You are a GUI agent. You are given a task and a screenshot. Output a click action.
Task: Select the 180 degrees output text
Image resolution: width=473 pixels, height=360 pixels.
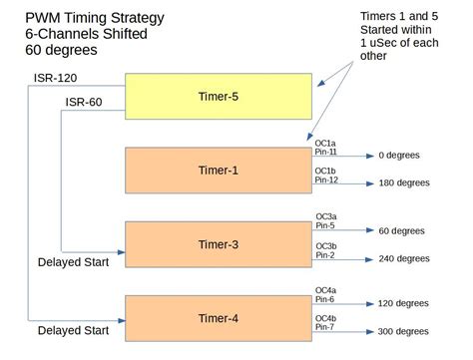[403, 183]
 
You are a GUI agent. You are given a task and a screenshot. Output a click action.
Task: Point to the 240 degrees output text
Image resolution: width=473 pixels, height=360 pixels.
[403, 258]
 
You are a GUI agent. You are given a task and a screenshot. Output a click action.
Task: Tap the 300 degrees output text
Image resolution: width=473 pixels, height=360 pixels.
[403, 332]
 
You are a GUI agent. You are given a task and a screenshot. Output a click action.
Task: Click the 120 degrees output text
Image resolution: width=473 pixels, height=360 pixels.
[403, 303]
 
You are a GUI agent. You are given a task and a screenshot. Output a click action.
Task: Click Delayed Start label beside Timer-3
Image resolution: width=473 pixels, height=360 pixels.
[73, 263]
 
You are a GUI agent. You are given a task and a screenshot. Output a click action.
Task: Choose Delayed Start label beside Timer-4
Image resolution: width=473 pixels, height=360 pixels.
[73, 330]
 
